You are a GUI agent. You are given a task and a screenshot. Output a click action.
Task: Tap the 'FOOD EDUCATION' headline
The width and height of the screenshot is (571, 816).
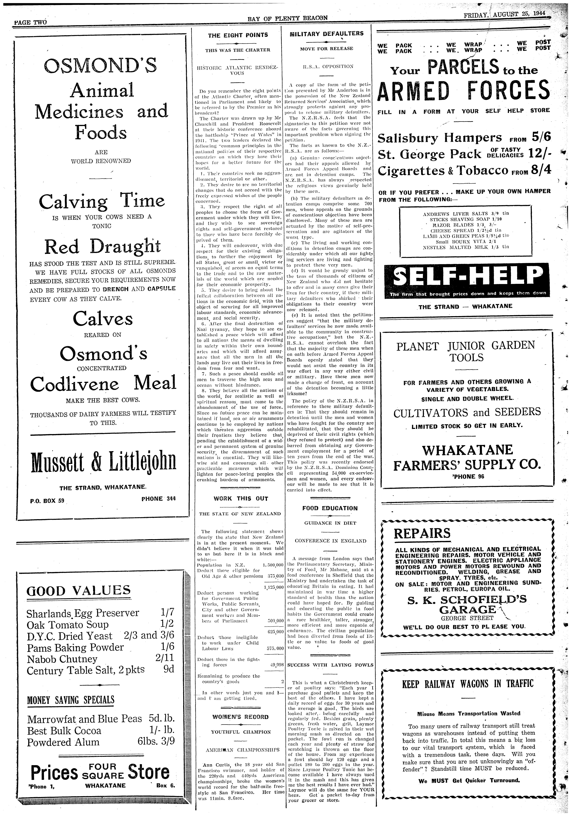pyautogui.click(x=330, y=508)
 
